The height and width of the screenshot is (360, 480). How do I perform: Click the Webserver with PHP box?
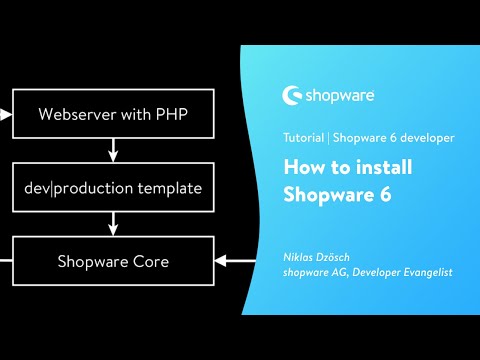point(112,113)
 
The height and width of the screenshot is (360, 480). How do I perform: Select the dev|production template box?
point(112,188)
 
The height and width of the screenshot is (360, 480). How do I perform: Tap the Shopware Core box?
point(112,262)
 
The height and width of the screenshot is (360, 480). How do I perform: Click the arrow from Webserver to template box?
point(112,150)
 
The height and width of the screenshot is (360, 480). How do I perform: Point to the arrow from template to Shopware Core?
point(112,225)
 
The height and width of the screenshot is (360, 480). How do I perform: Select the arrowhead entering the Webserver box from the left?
point(7,113)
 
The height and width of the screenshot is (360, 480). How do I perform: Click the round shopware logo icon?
point(294,97)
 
